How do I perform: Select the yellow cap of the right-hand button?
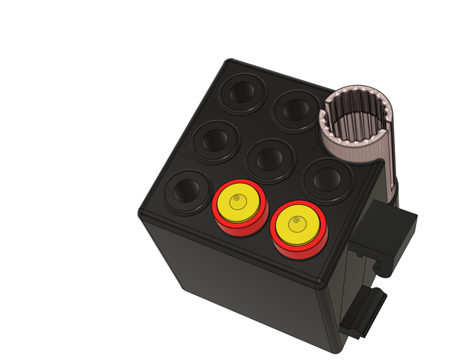[x=297, y=225]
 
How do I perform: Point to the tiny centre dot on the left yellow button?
[x=236, y=198]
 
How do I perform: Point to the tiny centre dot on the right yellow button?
[x=297, y=219]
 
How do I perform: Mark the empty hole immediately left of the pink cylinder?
[x=295, y=110]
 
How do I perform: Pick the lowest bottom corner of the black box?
[x=336, y=350]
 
